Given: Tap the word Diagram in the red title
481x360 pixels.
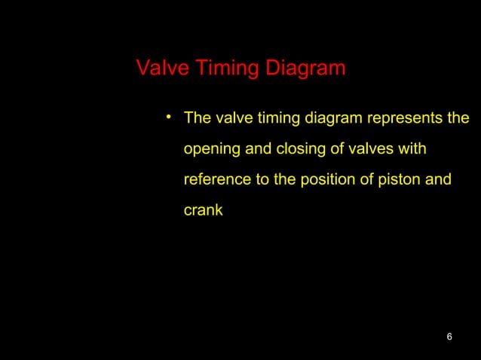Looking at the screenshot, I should [302, 69].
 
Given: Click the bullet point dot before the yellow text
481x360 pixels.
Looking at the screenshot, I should [170, 117].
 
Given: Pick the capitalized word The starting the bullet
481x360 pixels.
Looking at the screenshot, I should [198, 119].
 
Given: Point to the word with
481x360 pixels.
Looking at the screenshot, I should [412, 150].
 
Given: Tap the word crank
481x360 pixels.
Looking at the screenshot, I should [203, 211].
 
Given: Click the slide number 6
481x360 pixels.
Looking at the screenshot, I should [449, 336].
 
